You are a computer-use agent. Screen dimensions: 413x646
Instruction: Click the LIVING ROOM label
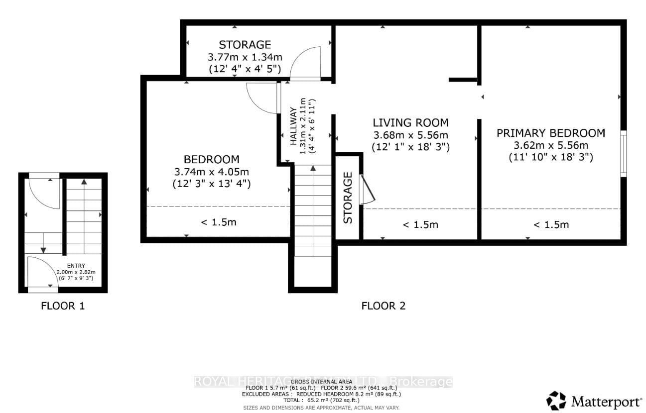coord(411,122)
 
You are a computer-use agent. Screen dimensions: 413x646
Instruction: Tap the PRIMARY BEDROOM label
coord(550,133)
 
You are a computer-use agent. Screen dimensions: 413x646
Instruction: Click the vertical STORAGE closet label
coord(348,198)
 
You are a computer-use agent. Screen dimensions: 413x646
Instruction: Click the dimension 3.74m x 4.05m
coord(212,172)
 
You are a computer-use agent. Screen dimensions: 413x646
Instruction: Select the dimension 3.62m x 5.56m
coord(550,145)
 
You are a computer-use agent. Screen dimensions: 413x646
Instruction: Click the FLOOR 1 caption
coord(63,306)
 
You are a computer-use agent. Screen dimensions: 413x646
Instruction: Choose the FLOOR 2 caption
coord(383,306)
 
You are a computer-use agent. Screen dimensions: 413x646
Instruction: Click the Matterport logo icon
coord(557,401)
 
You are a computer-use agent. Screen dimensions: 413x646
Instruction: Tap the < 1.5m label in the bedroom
coord(218,222)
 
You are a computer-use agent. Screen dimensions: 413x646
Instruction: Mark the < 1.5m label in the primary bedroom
coord(551,224)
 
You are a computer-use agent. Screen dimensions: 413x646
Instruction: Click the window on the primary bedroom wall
coord(623,153)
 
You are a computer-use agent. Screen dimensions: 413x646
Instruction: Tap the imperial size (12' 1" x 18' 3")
coord(411,147)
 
